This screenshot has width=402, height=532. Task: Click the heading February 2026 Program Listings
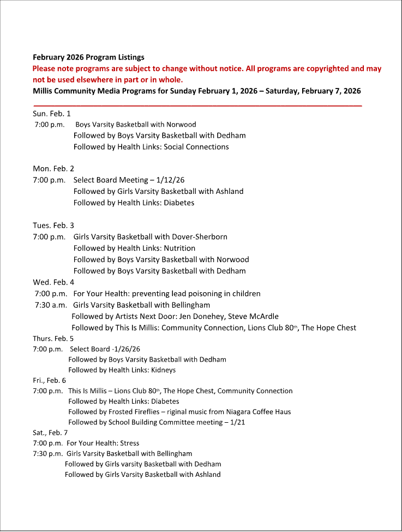[88, 57]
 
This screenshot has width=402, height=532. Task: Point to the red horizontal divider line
[197, 105]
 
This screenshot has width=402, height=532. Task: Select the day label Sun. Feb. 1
[52, 114]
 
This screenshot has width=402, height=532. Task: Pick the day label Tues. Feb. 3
[53, 225]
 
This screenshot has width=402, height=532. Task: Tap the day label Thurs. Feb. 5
[53, 338]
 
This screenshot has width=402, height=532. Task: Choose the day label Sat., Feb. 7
[50, 433]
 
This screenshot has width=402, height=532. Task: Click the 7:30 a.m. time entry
[51, 305]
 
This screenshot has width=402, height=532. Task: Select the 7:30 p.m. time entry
[48, 453]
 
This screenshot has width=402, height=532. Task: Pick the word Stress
[129, 443]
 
